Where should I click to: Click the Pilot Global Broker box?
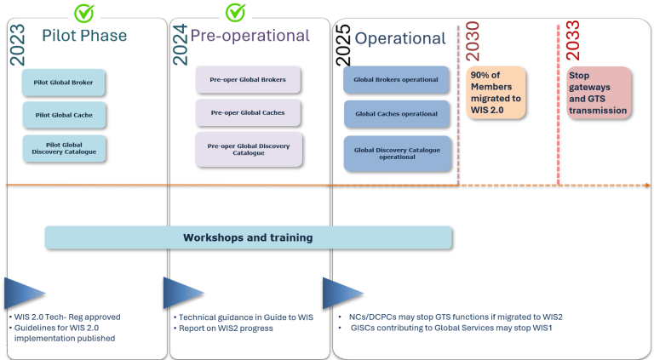64,83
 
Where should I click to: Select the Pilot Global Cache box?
64,114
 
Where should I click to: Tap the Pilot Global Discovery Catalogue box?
64,148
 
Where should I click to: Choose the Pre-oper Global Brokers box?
248,80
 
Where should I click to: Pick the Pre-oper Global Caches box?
248,112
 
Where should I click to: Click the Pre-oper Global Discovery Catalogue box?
248,149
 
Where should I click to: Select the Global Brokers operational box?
396,80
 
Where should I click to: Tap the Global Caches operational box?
396,114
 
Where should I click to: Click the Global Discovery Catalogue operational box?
397,153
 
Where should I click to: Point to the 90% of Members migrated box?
496,93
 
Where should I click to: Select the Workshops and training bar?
248,237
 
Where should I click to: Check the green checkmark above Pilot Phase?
84,13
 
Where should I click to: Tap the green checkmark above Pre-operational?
235,13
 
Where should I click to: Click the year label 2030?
473,41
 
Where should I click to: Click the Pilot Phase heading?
84,36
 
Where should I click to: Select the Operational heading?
399,38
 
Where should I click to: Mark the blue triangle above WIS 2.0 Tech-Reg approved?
24,293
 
